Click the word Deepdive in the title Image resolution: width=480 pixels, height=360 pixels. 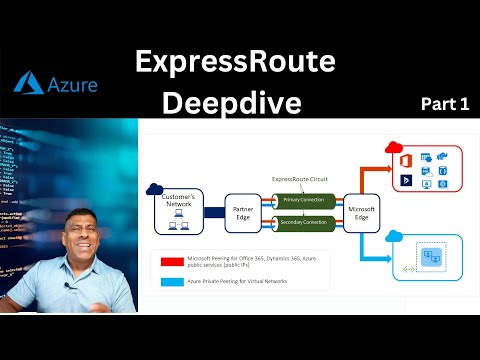click(x=235, y=103)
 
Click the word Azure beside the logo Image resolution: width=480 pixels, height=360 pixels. click(x=73, y=84)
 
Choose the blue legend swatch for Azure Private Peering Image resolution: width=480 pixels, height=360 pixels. click(x=171, y=281)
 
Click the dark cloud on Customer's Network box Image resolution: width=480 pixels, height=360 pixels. click(x=154, y=189)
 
